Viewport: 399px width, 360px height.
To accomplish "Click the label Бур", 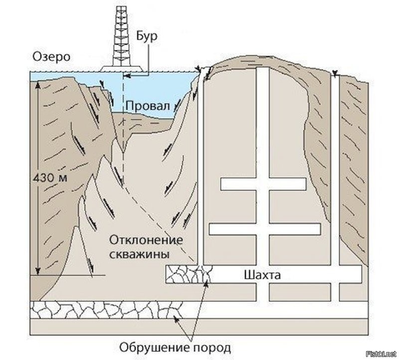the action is point(147,36).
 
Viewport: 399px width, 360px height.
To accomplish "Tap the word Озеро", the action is point(51,57).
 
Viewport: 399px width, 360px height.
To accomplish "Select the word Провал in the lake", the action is point(148,106).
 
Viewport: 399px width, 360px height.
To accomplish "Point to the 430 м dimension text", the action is point(50,178).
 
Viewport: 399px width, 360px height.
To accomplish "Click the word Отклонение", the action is point(146,240).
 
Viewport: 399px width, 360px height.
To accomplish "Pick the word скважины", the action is point(139,254).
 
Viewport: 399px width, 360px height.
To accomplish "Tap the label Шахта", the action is point(262,275).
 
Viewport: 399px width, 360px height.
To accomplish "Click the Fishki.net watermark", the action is point(382,354).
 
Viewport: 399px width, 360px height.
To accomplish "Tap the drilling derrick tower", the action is point(121,35).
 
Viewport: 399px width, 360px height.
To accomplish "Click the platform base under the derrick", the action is point(121,69).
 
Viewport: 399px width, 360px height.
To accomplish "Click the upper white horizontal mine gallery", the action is point(263,184).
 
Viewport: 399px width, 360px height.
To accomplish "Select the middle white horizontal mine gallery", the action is point(265,229).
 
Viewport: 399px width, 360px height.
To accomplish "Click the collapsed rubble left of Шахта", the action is point(189,274).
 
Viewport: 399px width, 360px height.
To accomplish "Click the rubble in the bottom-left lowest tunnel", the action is point(106,310).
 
